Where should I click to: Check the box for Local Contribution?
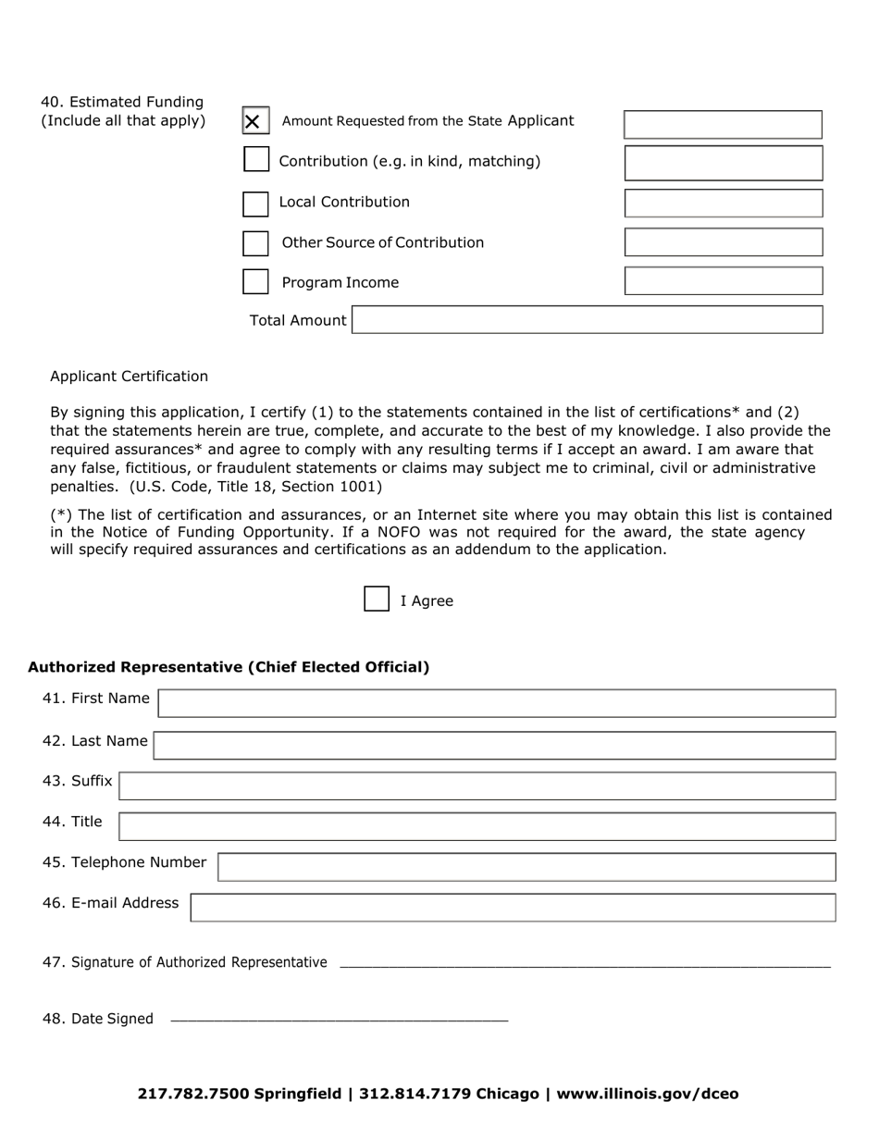[x=255, y=203]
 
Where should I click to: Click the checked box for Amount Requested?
[x=255, y=121]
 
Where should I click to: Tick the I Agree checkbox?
[x=377, y=600]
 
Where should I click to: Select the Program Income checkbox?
[x=255, y=281]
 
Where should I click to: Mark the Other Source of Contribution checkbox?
[x=255, y=242]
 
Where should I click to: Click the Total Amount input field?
[x=587, y=320]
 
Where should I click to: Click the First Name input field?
[x=496, y=703]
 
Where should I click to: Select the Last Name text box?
[x=494, y=745]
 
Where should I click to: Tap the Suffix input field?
[x=477, y=785]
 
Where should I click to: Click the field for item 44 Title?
[x=477, y=826]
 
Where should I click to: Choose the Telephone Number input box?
[x=526, y=867]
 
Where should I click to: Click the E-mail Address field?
[x=513, y=908]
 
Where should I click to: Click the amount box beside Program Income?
[x=723, y=281]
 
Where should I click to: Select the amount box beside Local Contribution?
[x=723, y=203]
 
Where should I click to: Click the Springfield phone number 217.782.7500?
[x=193, y=1094]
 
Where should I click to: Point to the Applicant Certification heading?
[x=129, y=376]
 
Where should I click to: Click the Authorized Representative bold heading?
[x=229, y=667]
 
